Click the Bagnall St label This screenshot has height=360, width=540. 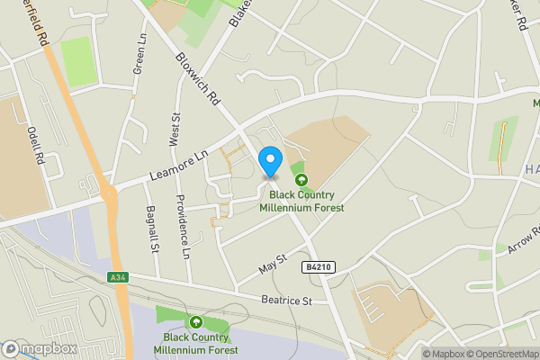tap(151, 229)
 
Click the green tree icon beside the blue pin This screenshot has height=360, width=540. tap(301, 179)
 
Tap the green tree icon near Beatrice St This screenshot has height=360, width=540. tap(195, 322)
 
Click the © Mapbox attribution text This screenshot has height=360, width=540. tap(442, 354)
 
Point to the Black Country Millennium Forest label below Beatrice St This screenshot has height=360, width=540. tap(195, 343)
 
